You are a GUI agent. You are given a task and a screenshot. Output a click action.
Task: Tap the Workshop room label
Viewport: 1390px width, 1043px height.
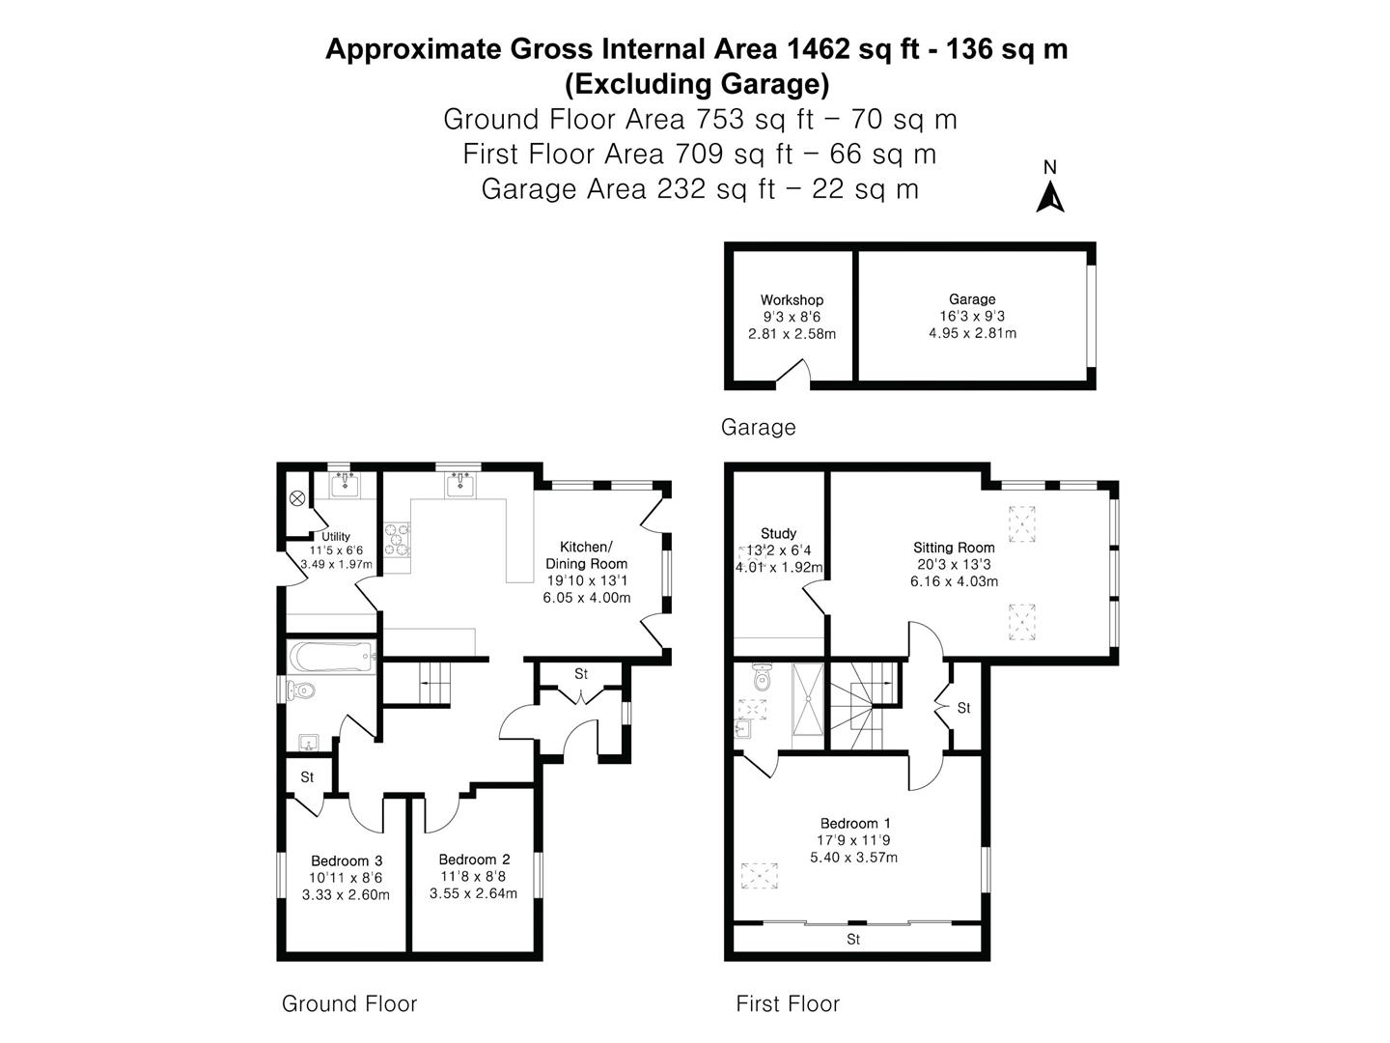pos(792,300)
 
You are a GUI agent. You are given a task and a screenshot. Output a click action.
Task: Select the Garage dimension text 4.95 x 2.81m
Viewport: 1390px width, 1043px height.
pos(972,333)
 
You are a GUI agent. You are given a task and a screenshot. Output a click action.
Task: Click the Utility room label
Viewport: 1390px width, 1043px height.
pos(336,537)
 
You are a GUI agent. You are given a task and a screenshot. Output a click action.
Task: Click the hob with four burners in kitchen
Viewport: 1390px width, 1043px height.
pos(396,540)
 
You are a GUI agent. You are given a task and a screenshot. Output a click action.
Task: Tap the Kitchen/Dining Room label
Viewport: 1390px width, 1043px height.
pos(586,555)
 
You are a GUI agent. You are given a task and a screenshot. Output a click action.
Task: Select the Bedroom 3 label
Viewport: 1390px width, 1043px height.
pos(347,861)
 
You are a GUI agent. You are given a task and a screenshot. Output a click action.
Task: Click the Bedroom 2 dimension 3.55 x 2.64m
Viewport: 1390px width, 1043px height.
pos(473,893)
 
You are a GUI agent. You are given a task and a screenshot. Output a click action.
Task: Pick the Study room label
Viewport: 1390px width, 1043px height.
pos(778,533)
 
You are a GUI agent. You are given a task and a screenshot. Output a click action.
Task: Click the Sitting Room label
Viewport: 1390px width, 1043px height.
pos(954,548)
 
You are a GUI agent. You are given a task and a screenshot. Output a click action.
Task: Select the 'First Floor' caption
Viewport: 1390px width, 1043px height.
pos(788,1004)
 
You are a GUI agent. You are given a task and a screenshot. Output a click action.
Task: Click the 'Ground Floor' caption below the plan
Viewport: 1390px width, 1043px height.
pos(348,1004)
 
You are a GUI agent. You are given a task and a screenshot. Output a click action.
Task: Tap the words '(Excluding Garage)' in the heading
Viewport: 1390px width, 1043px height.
pos(696,85)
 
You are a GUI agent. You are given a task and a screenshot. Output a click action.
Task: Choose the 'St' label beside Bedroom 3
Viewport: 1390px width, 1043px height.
pos(307,776)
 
